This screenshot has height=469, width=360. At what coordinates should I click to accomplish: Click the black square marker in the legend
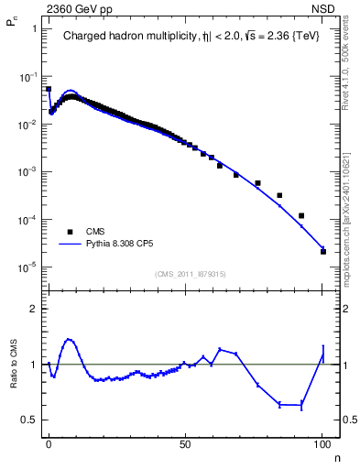(x=71, y=233)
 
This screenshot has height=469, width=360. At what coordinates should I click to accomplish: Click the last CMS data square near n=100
(x=323, y=251)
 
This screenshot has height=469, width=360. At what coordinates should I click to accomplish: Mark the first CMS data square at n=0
(x=49, y=89)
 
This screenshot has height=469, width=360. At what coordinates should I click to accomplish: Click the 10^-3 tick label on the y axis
(x=27, y=171)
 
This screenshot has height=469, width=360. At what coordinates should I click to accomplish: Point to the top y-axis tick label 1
(x=34, y=28)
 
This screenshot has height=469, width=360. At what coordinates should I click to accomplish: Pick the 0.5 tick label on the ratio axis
(x=28, y=420)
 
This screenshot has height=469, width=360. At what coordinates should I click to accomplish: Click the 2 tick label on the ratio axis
(x=33, y=309)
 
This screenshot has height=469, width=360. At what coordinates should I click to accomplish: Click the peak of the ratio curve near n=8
(x=69, y=339)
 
